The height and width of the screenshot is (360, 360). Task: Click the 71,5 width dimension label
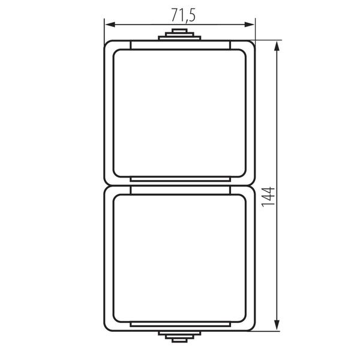point(184,16)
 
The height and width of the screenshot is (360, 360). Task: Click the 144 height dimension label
point(268,197)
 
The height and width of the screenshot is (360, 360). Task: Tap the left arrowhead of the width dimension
point(110,25)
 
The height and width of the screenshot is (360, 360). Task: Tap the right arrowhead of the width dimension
point(250,25)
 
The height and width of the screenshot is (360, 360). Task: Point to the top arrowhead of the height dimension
point(277,46)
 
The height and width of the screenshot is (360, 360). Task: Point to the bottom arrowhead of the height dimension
point(277,325)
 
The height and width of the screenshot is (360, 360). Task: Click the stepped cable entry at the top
point(179,34)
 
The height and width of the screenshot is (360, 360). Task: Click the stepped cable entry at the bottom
point(179,337)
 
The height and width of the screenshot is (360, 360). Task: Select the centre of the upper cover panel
point(179,113)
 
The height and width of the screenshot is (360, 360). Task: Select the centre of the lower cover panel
point(179,258)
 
